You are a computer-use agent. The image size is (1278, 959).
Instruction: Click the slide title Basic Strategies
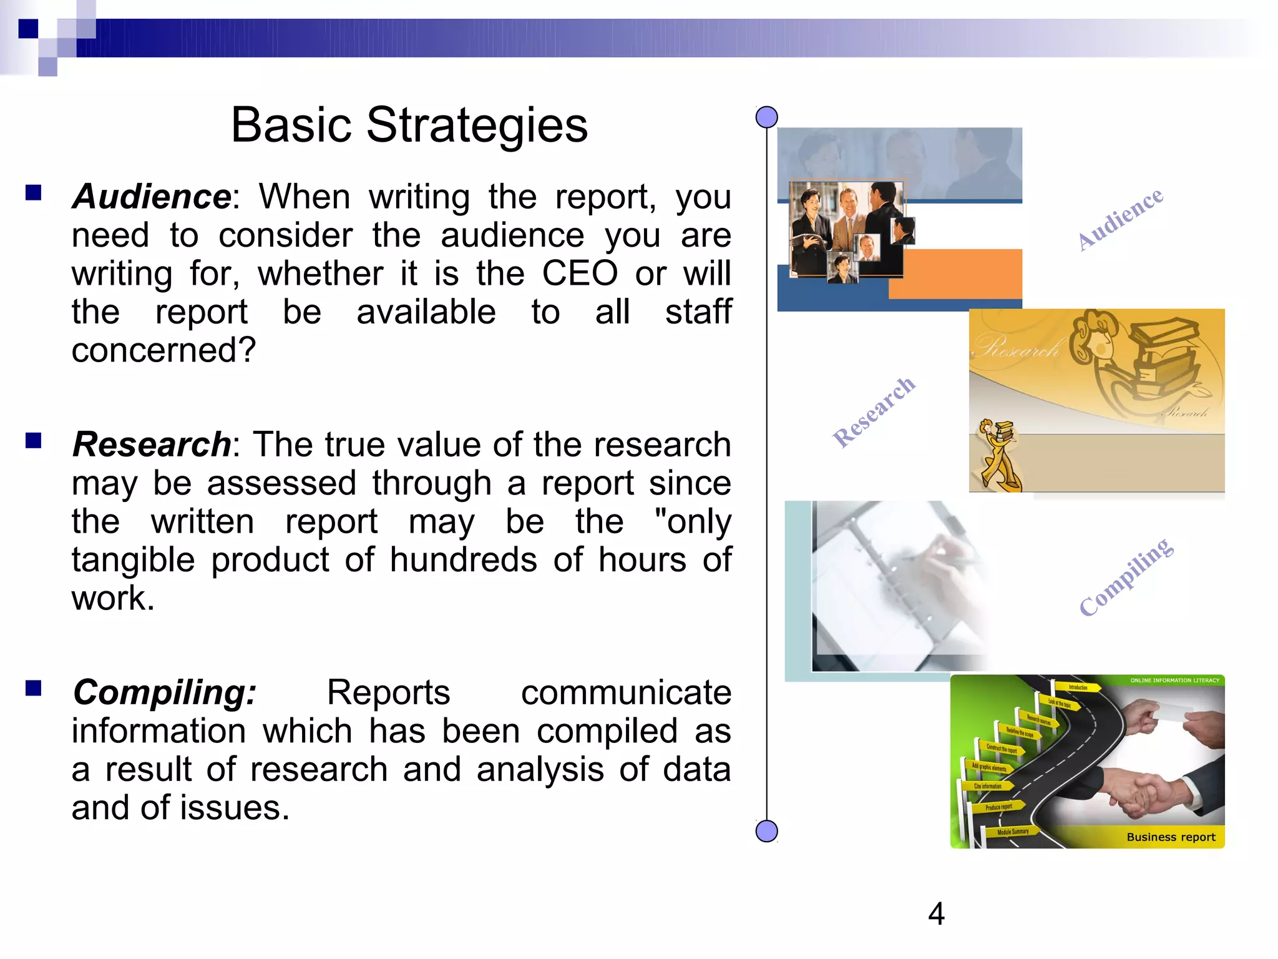(409, 125)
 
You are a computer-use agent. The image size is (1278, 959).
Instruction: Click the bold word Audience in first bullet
(152, 197)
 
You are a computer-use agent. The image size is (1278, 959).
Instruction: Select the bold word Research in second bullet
(152, 445)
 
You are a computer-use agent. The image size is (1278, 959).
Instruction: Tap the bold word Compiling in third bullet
(164, 693)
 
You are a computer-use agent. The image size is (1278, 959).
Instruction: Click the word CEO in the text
(579, 273)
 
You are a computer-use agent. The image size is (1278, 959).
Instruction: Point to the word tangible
(132, 560)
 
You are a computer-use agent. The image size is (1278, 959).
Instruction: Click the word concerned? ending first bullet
(163, 350)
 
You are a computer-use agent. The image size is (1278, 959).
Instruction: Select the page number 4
(936, 914)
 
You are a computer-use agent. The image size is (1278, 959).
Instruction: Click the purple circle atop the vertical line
(766, 117)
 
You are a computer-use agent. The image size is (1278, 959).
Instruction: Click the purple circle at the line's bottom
(766, 831)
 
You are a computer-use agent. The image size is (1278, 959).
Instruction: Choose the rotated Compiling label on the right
(1126, 576)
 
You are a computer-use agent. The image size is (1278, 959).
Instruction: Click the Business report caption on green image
(1171, 837)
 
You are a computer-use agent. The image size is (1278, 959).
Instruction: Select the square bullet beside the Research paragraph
(34, 441)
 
